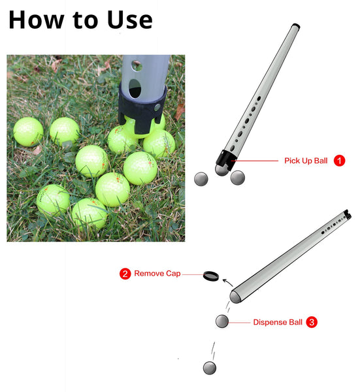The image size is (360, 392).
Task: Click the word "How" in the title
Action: click(37, 20)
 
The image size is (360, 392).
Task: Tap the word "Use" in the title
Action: click(130, 20)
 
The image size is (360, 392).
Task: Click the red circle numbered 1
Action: click(339, 161)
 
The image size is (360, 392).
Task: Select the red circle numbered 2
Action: click(125, 274)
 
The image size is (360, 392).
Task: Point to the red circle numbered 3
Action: click(312, 322)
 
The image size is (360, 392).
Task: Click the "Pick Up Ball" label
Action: click(306, 161)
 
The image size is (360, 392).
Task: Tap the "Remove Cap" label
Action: click(157, 274)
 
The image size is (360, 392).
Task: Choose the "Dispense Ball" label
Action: click(278, 322)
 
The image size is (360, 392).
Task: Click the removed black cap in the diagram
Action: click(211, 276)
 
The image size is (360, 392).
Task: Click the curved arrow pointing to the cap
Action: click(227, 282)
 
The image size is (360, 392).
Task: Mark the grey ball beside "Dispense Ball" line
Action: click(221, 321)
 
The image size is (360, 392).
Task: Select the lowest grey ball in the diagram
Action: click(210, 368)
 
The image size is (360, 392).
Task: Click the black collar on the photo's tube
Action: click(142, 108)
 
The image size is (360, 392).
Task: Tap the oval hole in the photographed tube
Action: click(135, 88)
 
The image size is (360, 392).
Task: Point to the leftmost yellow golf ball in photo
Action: click(28, 132)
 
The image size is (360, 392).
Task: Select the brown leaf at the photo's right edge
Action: click(180, 111)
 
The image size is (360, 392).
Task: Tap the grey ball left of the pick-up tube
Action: click(201, 179)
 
